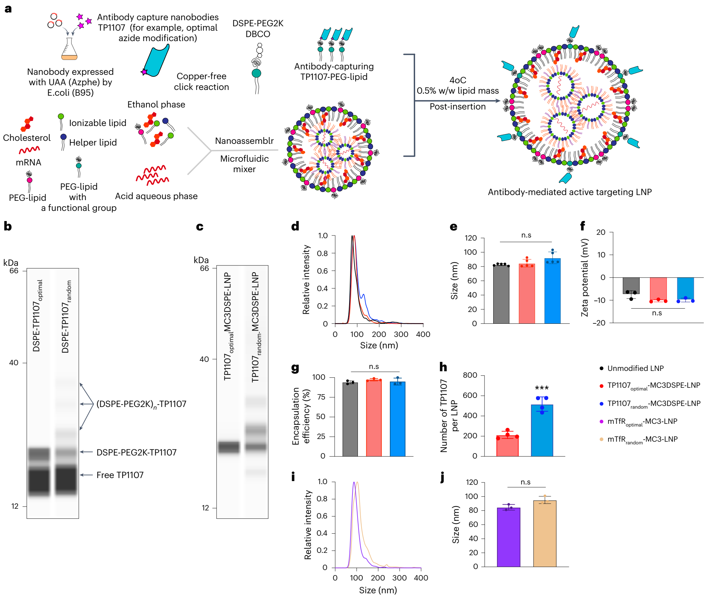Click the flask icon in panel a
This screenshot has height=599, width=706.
(x=69, y=49)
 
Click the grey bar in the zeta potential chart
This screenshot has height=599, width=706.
(x=631, y=285)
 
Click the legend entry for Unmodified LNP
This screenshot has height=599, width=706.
(x=635, y=368)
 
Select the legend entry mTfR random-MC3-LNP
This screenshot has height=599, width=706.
(x=642, y=439)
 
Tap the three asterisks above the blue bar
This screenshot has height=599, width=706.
(x=541, y=388)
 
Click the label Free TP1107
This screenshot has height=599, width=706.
(x=120, y=475)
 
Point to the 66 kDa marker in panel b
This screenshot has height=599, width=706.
(x=13, y=271)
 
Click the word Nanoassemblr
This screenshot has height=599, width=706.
(x=244, y=140)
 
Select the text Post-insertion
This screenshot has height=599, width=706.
(x=457, y=106)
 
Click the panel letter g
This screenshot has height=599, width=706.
(x=295, y=368)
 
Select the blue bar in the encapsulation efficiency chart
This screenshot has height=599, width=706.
(x=397, y=419)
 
